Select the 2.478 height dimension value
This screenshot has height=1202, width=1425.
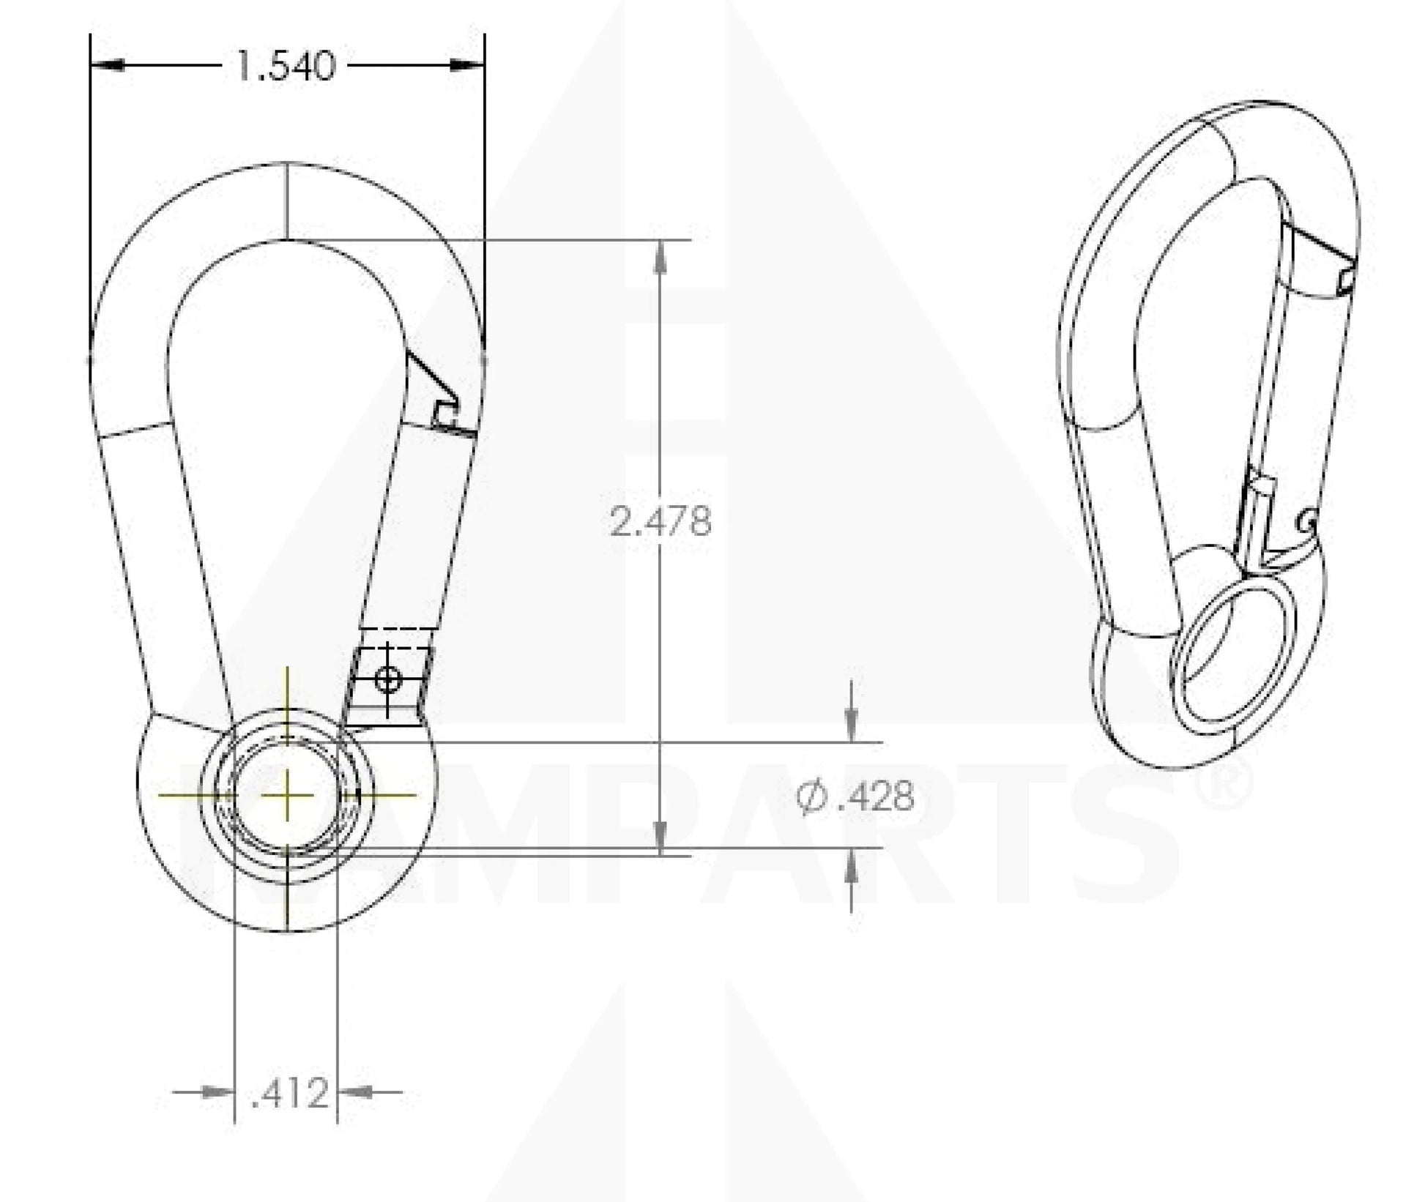660,522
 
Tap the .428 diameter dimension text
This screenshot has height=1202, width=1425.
875,796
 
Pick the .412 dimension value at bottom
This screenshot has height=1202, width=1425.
289,1094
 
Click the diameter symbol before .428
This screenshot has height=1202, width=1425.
810,796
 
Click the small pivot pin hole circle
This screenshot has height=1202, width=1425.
388,680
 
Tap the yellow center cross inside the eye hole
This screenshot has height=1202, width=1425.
287,795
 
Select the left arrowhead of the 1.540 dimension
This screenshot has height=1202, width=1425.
108,66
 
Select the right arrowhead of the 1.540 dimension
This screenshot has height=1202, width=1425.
466,66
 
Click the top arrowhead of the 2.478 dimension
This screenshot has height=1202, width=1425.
661,257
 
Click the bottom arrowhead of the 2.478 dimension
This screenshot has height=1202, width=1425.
661,837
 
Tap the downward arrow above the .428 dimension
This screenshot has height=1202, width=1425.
851,725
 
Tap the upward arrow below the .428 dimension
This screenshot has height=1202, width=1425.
851,867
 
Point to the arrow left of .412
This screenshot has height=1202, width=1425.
217,1092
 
